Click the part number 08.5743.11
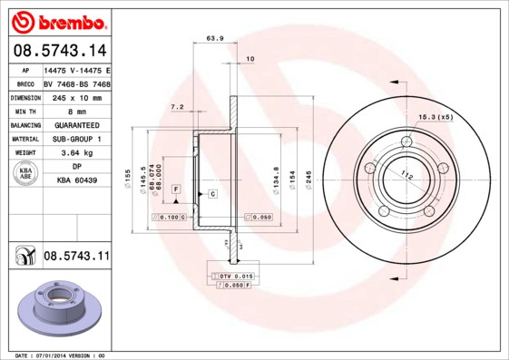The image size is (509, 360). click(x=76, y=258)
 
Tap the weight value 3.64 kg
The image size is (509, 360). click(x=76, y=153)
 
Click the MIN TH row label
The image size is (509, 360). click(x=24, y=111)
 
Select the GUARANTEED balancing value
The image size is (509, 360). click(x=76, y=125)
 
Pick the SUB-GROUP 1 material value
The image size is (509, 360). click(x=76, y=139)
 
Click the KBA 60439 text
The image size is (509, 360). click(x=76, y=181)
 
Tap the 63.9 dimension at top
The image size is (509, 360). click(x=215, y=38)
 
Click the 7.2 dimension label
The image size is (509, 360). click(x=177, y=107)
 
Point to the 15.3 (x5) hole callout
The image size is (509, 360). click(x=435, y=117)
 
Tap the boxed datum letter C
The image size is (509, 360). click(x=211, y=194)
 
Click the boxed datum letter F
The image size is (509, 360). click(x=176, y=188)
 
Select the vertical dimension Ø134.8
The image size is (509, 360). click(x=275, y=174)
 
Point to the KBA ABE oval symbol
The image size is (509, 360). click(x=25, y=175)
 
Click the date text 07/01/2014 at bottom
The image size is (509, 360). click(x=62, y=355)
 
